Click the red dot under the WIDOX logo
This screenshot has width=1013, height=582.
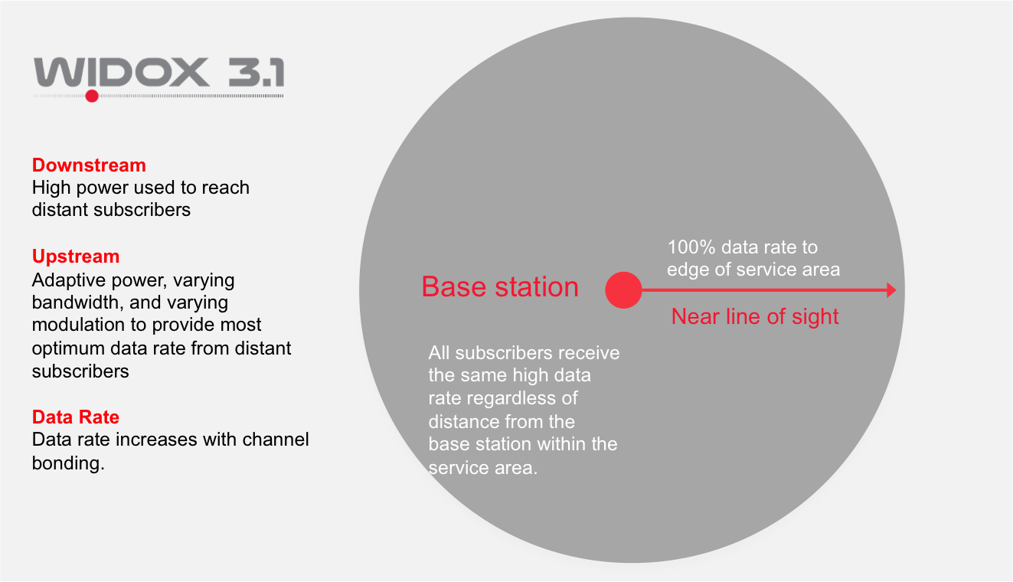point(92,96)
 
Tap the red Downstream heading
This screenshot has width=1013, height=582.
point(89,165)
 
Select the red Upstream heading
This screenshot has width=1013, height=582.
point(76,257)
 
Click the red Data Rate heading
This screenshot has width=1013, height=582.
point(76,417)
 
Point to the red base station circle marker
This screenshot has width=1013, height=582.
point(623,290)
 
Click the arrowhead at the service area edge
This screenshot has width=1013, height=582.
point(891,290)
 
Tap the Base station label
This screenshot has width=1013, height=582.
point(500,286)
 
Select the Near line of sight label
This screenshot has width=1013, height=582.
point(755,316)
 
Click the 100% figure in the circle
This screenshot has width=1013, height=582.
point(691,247)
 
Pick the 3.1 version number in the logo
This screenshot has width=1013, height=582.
point(257,72)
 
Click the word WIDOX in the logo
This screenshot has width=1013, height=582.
point(121,72)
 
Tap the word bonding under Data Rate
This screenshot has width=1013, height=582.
point(68,463)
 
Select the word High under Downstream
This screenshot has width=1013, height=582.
point(51,188)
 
